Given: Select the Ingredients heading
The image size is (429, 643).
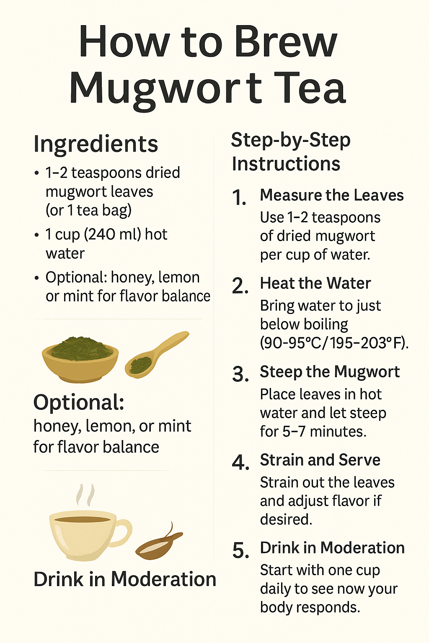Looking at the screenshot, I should [96, 144].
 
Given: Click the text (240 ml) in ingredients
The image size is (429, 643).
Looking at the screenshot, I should [112, 234].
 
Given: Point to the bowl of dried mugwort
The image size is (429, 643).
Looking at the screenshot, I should [80, 358].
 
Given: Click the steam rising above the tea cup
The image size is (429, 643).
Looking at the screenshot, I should [85, 495].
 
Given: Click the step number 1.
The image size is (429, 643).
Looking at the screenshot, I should [239, 198].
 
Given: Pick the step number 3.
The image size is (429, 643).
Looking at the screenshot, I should [240, 374].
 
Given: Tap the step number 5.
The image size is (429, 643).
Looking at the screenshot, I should [240, 550].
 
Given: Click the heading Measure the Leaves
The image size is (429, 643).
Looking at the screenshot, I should [331, 195].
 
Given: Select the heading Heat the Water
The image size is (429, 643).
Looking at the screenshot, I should [315, 283].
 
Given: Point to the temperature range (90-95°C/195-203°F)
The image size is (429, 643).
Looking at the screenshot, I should [334, 343].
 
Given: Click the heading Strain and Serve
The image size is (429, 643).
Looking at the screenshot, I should [320, 460].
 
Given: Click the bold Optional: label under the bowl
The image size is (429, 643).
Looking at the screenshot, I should [79, 403].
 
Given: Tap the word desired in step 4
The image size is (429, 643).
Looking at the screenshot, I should [286, 520].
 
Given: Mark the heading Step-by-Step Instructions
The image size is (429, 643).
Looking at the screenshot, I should [290, 152].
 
